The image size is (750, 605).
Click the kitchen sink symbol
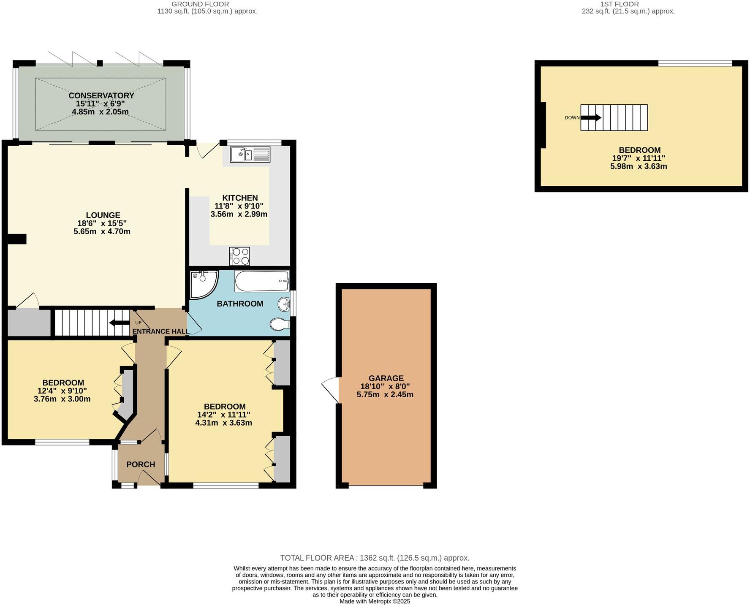tap(250, 154)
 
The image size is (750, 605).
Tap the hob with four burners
tap(239, 256)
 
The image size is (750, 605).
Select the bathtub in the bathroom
tap(262, 281)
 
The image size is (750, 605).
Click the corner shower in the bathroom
tap(203, 284)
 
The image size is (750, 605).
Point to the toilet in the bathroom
tap(279, 324)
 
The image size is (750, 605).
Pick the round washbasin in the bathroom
tap(284, 304)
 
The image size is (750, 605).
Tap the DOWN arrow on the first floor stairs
tap(591, 118)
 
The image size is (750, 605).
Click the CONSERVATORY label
tap(101, 96)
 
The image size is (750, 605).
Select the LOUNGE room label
tap(103, 215)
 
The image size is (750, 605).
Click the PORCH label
tap(141, 464)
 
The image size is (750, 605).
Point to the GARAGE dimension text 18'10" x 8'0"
tap(385, 386)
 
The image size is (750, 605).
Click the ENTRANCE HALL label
tap(161, 331)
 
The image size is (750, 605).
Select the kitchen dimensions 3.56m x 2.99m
tap(239, 214)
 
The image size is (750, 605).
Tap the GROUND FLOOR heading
tap(200, 4)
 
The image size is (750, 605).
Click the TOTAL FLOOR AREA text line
tap(375, 558)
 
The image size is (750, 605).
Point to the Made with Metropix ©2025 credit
tap(375, 601)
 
